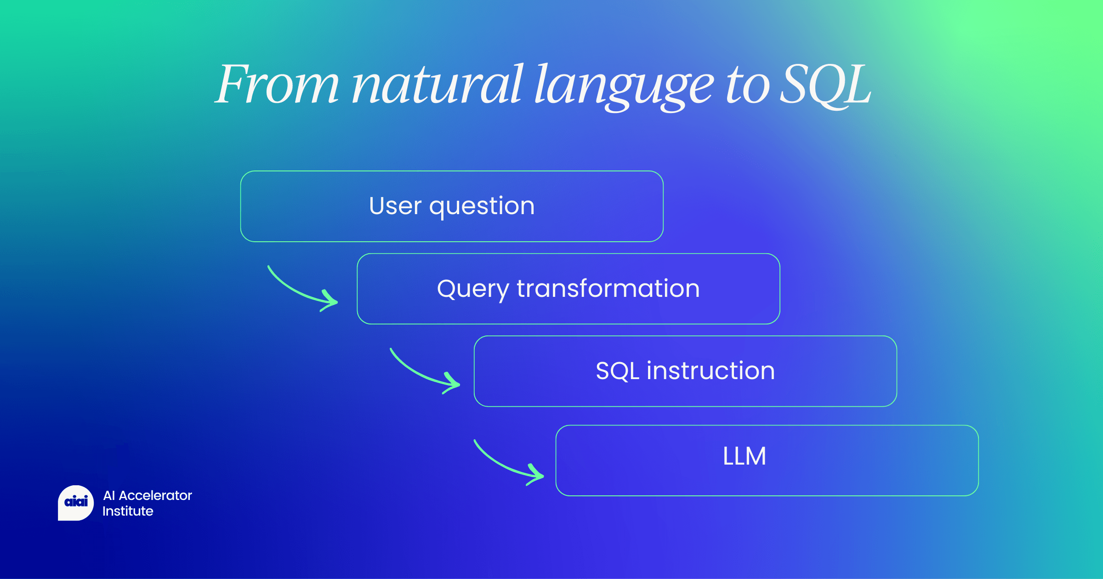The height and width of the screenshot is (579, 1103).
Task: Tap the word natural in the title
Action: tap(437, 85)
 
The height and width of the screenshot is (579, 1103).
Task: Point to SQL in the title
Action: tap(825, 85)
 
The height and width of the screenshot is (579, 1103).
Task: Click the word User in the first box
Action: tap(395, 206)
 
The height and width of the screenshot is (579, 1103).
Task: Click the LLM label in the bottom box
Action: tap(745, 456)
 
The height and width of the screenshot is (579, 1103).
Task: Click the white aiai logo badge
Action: tap(76, 502)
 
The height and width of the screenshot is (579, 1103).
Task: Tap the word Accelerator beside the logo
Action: tap(155, 495)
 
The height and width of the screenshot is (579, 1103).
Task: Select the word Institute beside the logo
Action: tap(128, 511)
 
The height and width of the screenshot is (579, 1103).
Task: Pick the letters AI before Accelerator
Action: tap(109, 495)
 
